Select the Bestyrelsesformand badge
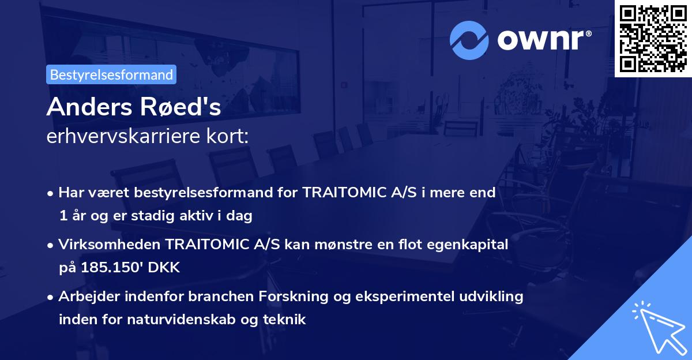pos(111,74)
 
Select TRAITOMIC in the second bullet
pos(209,245)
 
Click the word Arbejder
pos(85,297)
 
